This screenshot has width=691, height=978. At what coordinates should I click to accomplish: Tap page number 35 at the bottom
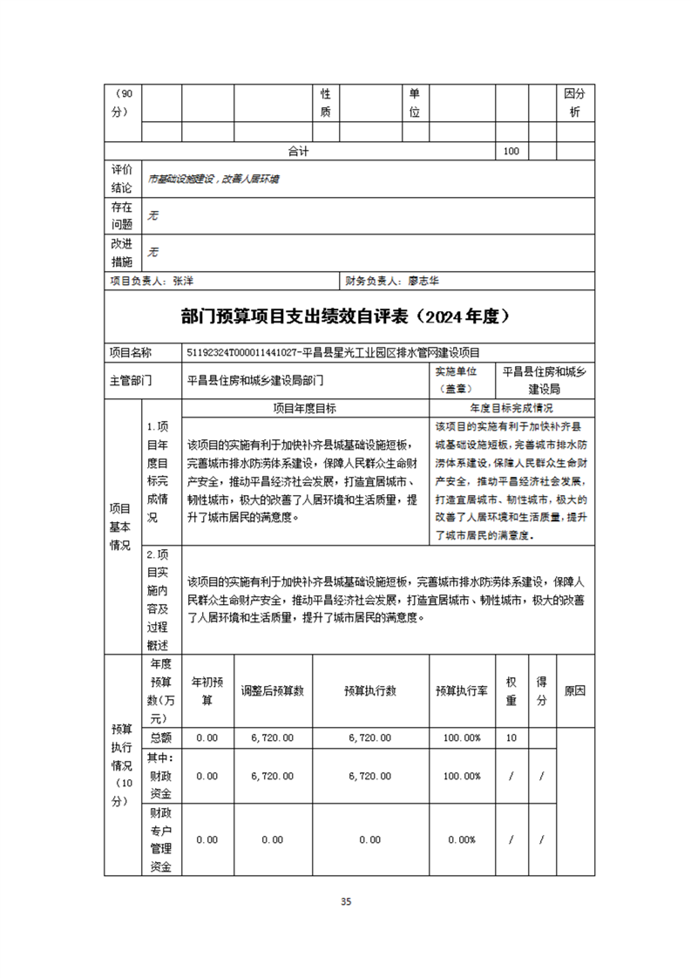click(x=346, y=901)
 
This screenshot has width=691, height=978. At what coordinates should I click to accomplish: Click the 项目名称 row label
click(x=130, y=353)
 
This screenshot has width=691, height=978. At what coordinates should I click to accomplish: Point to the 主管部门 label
click(x=130, y=380)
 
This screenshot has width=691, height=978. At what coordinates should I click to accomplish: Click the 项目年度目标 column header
click(x=305, y=408)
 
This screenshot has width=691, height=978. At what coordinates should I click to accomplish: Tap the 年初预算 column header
click(x=207, y=690)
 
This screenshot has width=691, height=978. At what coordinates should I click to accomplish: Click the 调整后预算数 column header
click(x=272, y=690)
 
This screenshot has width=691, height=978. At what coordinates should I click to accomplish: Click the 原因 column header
click(x=574, y=690)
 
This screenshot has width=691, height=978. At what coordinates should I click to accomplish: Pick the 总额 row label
click(x=161, y=737)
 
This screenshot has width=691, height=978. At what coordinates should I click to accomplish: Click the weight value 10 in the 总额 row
click(x=511, y=737)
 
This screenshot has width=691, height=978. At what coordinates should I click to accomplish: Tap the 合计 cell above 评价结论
click(x=300, y=151)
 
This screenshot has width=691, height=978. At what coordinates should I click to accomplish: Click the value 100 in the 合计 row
click(x=511, y=151)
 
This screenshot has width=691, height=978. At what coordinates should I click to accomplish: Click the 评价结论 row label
click(x=122, y=178)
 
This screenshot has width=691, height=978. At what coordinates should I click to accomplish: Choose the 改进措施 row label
click(x=122, y=253)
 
